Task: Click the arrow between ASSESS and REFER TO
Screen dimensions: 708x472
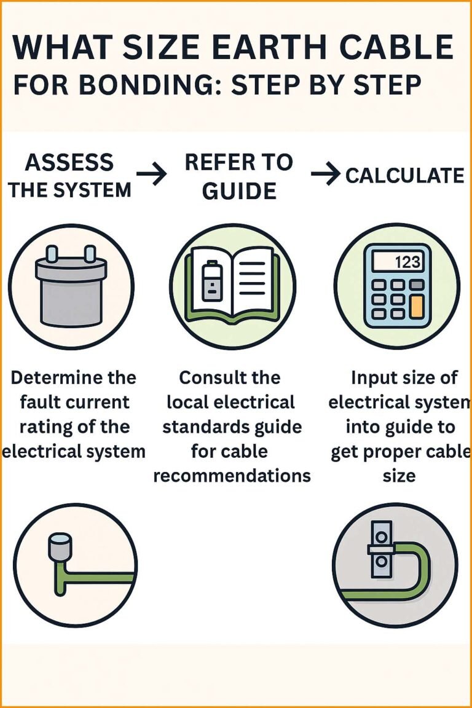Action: point(152,175)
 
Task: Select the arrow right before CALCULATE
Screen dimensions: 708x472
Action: point(326,175)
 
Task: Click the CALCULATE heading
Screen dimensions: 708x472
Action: point(404,176)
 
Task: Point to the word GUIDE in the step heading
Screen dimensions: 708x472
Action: point(239,192)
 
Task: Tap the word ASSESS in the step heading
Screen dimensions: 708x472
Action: point(69,163)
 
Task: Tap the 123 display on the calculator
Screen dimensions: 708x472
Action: point(396,262)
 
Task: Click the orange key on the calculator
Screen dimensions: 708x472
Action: point(417,305)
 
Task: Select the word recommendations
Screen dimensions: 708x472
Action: point(232,476)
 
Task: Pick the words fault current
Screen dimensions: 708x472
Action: point(74,402)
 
